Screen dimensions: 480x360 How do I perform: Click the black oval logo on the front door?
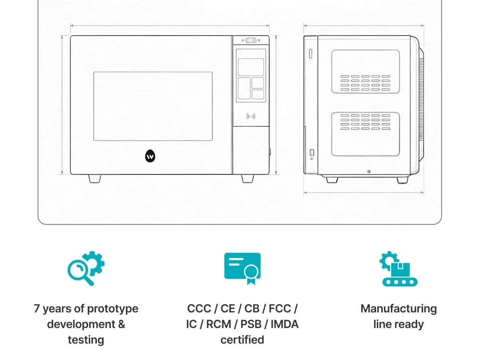click(x=150, y=156)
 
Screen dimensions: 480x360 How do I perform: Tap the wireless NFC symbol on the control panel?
click(x=251, y=116)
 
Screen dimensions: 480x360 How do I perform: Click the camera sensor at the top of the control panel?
click(x=251, y=40)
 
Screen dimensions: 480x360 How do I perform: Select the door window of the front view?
click(x=153, y=106)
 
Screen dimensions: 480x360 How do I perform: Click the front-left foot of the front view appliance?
click(x=95, y=178)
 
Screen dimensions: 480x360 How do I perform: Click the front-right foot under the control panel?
click(x=248, y=178)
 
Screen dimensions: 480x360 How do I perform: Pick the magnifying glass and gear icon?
click(x=86, y=268)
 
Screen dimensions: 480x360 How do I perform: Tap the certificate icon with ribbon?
click(x=242, y=269)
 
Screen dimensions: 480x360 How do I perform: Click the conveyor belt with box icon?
click(x=398, y=269)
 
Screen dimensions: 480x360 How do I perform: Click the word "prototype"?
click(x=113, y=309)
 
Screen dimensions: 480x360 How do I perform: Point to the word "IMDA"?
click(x=284, y=324)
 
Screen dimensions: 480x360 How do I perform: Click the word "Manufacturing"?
click(x=399, y=309)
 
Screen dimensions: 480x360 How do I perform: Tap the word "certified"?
click(x=242, y=340)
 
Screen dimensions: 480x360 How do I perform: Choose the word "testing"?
click(x=86, y=340)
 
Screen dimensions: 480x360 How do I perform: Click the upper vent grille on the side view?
click(x=365, y=83)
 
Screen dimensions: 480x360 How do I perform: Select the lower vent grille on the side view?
click(x=365, y=122)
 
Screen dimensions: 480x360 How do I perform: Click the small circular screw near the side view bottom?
click(x=369, y=172)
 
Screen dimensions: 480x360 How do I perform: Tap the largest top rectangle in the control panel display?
click(x=251, y=67)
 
